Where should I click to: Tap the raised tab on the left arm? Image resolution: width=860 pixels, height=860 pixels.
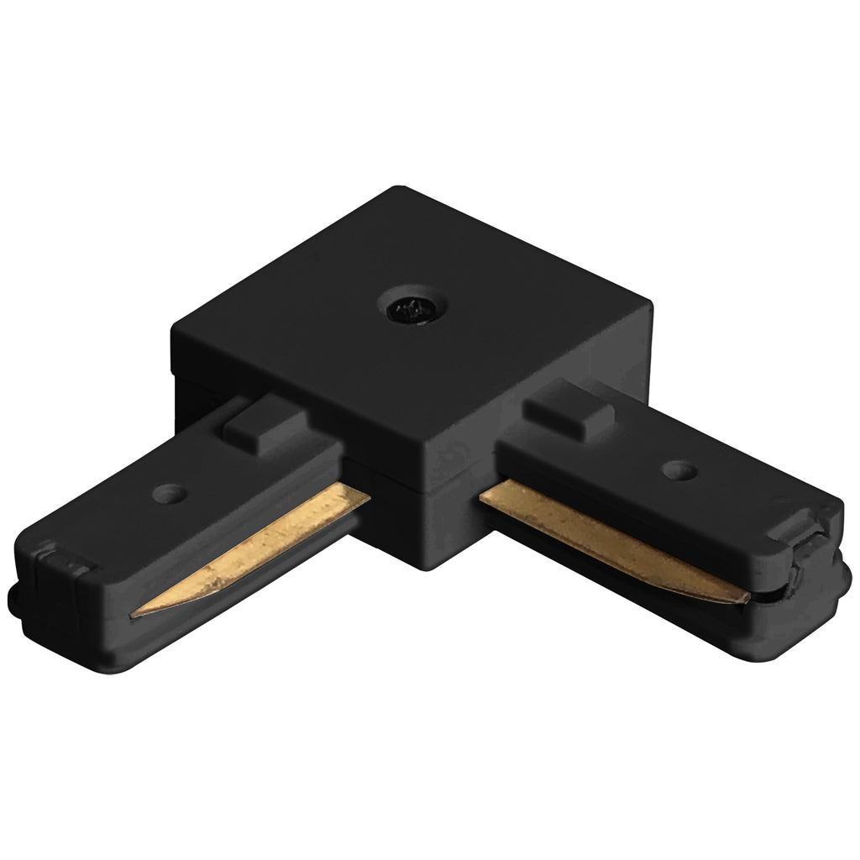[x=255, y=425]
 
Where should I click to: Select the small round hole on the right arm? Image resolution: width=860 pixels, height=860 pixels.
[x=678, y=469]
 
